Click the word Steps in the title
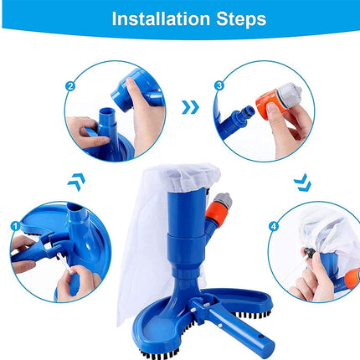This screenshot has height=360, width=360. [236, 18]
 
